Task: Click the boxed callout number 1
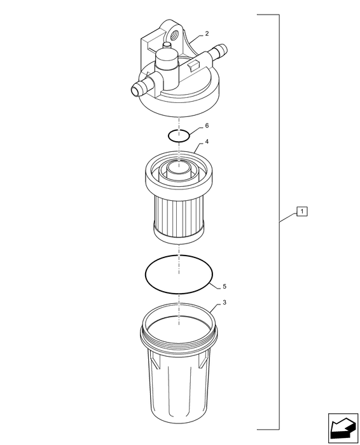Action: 301,211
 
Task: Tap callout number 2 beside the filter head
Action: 207,34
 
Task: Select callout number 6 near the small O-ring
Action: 207,125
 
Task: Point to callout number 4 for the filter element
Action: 207,141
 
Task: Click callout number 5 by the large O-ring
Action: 225,286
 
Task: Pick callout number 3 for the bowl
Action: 225,303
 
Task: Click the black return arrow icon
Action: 343,428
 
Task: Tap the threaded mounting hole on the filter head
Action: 174,34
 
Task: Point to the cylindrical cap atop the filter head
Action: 167,58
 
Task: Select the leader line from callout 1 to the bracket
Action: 288,217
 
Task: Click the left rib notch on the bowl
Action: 154,360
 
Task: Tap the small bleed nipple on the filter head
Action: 167,45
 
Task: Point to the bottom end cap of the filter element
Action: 179,233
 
